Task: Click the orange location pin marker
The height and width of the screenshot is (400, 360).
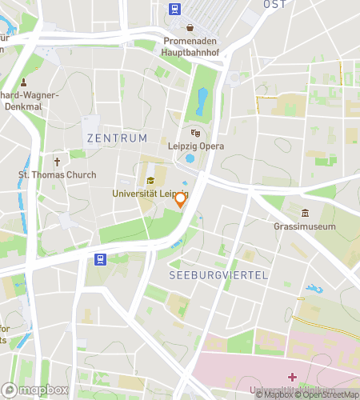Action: pyautogui.click(x=181, y=199)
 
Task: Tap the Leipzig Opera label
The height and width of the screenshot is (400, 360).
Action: pyautogui.click(x=196, y=146)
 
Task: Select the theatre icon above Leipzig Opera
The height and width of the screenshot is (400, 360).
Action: pyautogui.click(x=196, y=133)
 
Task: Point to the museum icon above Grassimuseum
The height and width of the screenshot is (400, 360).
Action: pyautogui.click(x=305, y=213)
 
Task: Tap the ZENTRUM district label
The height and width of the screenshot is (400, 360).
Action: pyautogui.click(x=117, y=138)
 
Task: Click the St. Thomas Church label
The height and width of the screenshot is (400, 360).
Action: pyautogui.click(x=57, y=175)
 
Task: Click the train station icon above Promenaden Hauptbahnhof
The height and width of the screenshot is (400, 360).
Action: pyautogui.click(x=174, y=10)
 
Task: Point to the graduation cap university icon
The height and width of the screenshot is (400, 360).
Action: pyautogui.click(x=150, y=179)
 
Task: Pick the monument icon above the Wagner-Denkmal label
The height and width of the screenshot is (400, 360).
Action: pyautogui.click(x=23, y=82)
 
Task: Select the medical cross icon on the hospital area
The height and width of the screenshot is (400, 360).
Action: pyautogui.click(x=293, y=376)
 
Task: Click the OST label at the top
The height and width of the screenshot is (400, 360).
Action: pyautogui.click(x=274, y=5)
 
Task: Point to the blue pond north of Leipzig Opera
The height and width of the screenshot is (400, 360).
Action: pyautogui.click(x=202, y=101)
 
